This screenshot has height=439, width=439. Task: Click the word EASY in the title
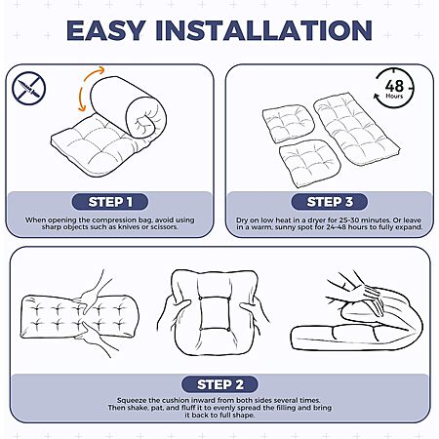106,30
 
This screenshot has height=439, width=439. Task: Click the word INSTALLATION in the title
263,30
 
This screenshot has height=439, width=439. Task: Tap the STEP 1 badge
110,202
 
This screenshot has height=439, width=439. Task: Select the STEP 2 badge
219,384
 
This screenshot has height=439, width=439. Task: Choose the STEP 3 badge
330,202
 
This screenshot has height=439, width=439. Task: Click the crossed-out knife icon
28,88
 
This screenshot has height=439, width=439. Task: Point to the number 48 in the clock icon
394,86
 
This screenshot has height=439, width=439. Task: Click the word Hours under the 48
394,97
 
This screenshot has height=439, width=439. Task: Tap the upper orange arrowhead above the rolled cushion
100,70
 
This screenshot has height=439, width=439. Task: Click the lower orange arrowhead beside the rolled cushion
82,107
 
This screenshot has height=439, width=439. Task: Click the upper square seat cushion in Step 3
289,124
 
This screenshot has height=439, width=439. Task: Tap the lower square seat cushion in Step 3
309,163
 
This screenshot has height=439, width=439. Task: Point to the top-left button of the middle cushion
201,299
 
